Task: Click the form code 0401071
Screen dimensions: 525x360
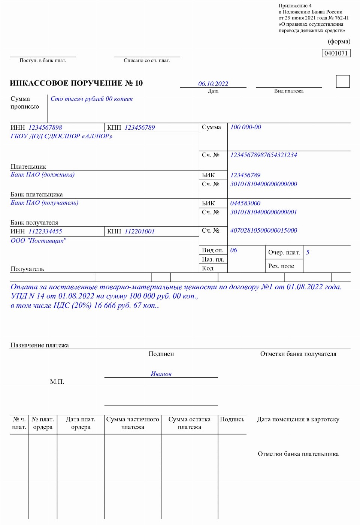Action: [x=336, y=53]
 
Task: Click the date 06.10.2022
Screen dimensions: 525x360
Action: [x=213, y=84]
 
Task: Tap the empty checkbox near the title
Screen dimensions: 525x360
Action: [x=343, y=81]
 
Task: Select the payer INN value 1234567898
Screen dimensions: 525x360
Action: [x=45, y=127]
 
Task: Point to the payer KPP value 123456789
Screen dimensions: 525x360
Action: [x=140, y=127]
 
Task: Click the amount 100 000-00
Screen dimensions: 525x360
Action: [x=246, y=127]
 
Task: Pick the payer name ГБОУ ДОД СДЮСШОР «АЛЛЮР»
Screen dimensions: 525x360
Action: [x=61, y=136]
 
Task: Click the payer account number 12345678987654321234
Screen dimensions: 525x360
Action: [x=264, y=155]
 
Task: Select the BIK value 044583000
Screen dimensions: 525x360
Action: [x=245, y=203]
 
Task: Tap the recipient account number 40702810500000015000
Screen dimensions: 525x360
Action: [x=264, y=230]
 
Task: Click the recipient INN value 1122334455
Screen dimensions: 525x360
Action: [x=45, y=231]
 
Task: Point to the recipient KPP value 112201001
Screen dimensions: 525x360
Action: [x=140, y=231]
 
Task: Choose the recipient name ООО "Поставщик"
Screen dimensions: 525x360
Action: [x=39, y=241]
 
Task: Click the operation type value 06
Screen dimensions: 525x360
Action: [x=234, y=250]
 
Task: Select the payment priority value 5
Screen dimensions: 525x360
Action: [x=308, y=252]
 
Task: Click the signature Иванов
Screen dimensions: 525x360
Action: [x=161, y=374]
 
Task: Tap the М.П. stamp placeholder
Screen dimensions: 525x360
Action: [x=57, y=381]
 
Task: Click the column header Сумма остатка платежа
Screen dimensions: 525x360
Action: [x=190, y=423]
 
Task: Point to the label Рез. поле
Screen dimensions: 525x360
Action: [x=281, y=266]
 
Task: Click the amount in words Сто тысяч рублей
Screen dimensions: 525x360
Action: [x=92, y=99]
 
